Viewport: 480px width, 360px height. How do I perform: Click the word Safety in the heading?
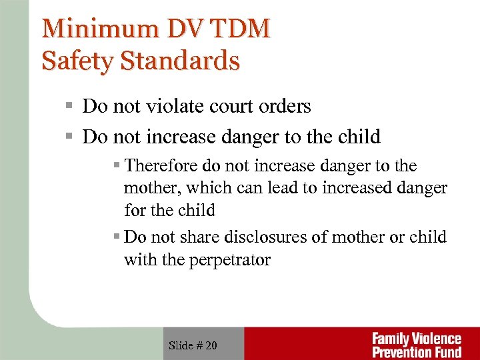coord(73,61)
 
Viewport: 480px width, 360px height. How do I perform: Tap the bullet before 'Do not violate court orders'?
coord(68,107)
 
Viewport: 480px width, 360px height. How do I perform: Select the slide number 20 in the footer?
coord(210,345)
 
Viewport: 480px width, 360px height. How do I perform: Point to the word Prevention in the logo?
coord(405,351)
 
